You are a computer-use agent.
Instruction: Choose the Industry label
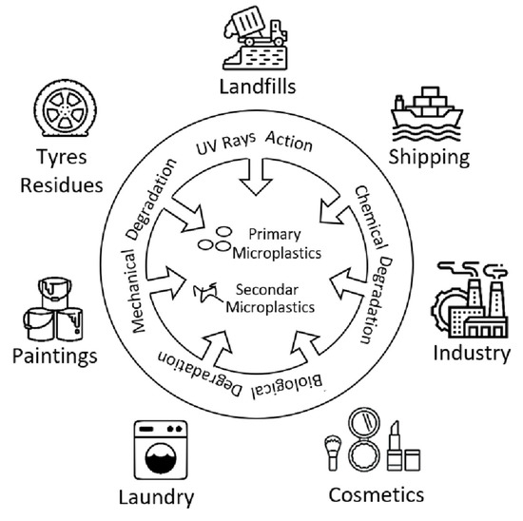pos(472,354)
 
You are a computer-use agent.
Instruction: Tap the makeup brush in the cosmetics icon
pos(336,452)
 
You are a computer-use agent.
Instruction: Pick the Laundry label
pos(157,496)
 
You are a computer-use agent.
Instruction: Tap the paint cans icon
pos(48,306)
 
